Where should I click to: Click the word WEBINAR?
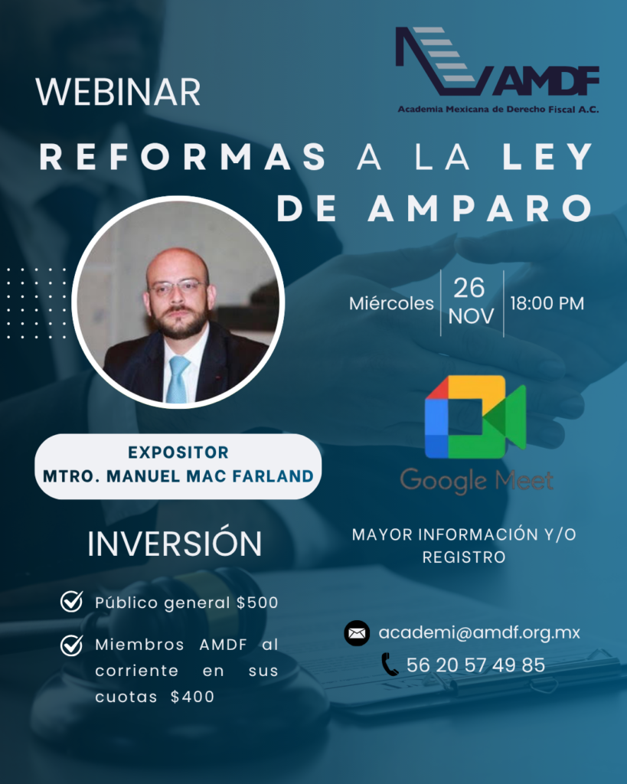point(118,92)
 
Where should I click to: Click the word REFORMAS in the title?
point(183,157)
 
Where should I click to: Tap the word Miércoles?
point(391,303)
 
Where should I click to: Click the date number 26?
point(470,288)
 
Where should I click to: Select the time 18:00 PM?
point(547,303)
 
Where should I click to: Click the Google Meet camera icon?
point(475,416)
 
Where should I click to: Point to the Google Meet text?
point(476,481)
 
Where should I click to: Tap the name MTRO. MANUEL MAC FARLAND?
point(178,476)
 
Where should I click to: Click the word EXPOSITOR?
point(178,452)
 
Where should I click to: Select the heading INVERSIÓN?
point(175,544)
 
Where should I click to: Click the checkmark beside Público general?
point(71,602)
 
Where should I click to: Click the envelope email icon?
point(357,633)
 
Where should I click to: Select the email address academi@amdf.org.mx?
point(479,633)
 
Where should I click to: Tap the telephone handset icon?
point(390,665)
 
